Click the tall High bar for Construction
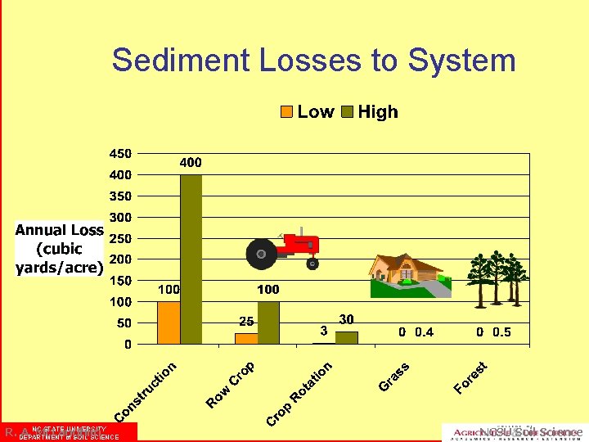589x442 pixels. [191, 259]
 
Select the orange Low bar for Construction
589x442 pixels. [169, 322]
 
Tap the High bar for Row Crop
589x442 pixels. [268, 322]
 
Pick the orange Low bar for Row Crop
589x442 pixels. [246, 338]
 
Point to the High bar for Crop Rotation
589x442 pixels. [346, 337]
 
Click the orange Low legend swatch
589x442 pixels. [286, 112]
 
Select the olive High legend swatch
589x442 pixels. [346, 112]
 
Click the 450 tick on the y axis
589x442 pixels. [119, 153]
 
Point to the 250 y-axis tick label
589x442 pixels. [119, 238]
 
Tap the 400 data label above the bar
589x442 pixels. [191, 163]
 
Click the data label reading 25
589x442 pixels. [246, 321]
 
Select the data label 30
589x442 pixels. [346, 319]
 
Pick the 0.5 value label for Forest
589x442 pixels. [501, 331]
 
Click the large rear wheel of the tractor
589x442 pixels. [262, 254]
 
